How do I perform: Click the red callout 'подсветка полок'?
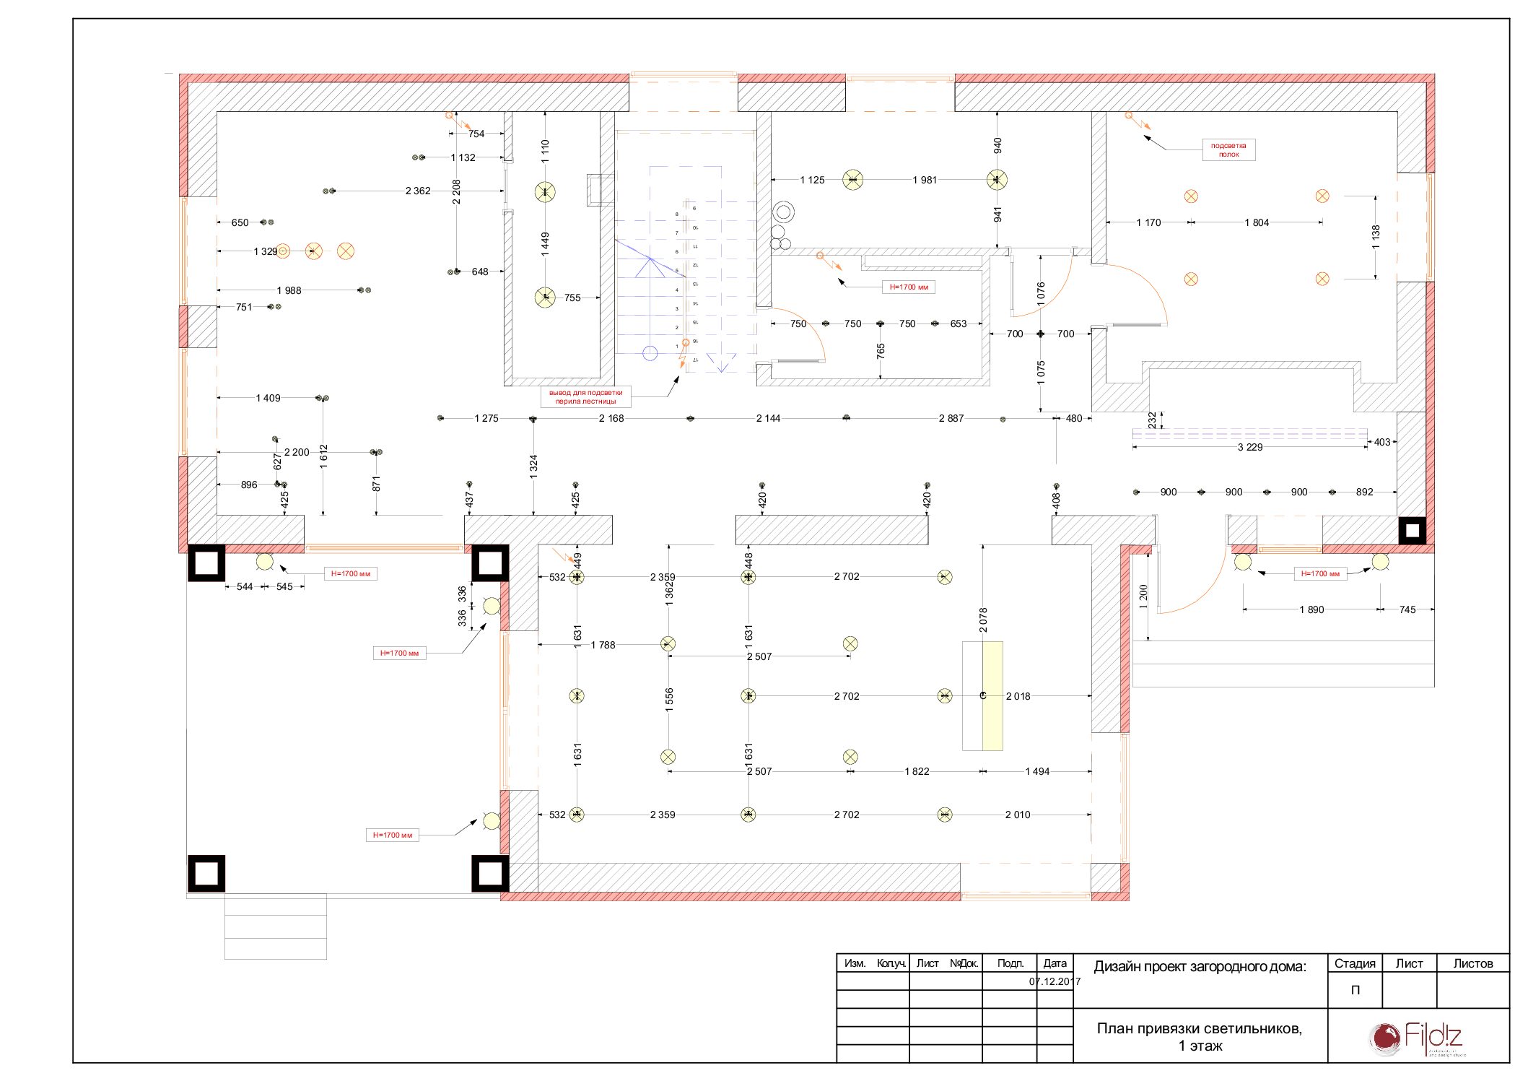(1228, 149)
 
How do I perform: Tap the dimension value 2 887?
(951, 418)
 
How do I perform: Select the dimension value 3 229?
(1249, 447)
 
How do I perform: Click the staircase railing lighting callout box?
(585, 397)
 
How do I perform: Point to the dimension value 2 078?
(983, 620)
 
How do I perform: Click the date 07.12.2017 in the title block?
(1055, 981)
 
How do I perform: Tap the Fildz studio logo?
(1418, 1038)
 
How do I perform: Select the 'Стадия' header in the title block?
(1354, 963)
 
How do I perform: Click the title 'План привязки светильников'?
(1199, 1028)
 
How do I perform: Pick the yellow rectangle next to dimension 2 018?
(992, 695)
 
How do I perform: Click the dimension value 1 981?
(925, 180)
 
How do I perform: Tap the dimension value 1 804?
(1256, 222)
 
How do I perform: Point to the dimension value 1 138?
(1376, 237)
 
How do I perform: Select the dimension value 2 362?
(417, 191)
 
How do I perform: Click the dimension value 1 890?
(1311, 609)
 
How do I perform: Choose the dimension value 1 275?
(486, 418)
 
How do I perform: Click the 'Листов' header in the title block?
(1472, 963)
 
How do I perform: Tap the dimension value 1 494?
(1037, 771)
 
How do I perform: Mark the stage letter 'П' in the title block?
(1355, 990)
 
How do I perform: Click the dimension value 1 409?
(268, 398)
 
